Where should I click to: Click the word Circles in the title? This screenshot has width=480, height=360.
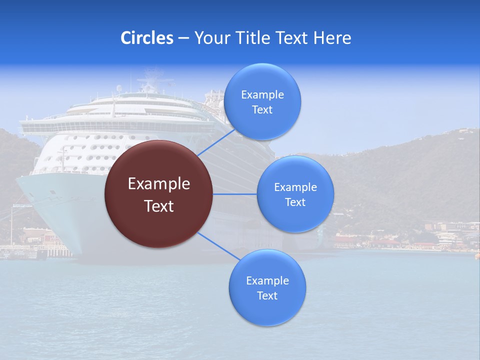(x=147, y=38)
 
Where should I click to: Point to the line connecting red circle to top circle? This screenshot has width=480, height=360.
(x=216, y=142)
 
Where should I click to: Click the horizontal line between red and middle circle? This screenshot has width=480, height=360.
(x=235, y=194)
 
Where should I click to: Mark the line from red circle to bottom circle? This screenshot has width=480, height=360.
(x=218, y=246)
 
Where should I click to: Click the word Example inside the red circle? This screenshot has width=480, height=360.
(x=159, y=184)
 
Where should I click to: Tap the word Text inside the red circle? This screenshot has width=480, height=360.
(x=159, y=206)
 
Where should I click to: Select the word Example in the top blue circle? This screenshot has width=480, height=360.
(x=262, y=95)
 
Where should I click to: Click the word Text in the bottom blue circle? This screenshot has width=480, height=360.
(x=267, y=295)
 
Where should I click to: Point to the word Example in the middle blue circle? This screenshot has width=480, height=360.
(x=295, y=187)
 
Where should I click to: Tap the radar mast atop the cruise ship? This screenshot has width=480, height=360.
(x=149, y=82)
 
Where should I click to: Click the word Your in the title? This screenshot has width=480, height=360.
(x=209, y=38)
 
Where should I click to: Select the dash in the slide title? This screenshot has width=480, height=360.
(x=183, y=38)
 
